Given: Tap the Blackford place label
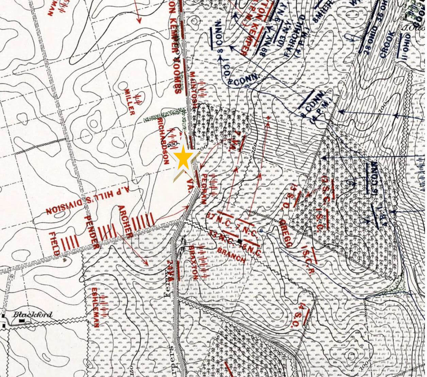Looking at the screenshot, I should pyautogui.click(x=32, y=314).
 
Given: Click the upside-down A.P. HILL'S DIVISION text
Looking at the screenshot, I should pyautogui.click(x=91, y=200).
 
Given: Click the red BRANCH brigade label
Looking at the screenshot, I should pyautogui.click(x=231, y=253).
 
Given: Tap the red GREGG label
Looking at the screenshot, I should pyautogui.click(x=285, y=233).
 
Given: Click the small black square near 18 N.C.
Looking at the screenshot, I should pyautogui.click(x=240, y=241).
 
